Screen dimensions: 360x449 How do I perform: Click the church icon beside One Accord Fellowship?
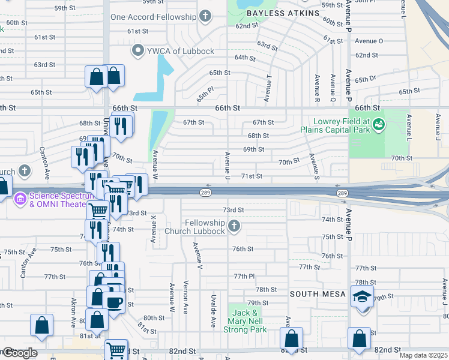(205, 16)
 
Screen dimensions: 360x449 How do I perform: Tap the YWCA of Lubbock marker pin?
(137, 50)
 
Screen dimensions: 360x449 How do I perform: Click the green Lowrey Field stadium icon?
(378, 125)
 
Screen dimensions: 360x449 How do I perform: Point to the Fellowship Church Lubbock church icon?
(234, 226)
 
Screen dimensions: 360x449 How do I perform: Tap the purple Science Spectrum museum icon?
(20, 197)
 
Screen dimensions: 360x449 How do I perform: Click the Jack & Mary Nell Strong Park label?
(245, 321)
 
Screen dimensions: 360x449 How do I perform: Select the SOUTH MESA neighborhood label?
(318, 294)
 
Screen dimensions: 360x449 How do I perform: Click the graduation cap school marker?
(362, 298)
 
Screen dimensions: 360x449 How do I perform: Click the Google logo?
(19, 353)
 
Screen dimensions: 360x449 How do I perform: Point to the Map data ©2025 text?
(423, 355)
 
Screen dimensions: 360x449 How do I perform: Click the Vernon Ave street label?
(186, 295)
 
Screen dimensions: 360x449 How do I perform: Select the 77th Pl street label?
(244, 276)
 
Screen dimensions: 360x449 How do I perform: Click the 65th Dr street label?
(364, 79)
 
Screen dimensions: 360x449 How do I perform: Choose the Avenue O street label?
(369, 41)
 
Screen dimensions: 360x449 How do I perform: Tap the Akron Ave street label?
(73, 312)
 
